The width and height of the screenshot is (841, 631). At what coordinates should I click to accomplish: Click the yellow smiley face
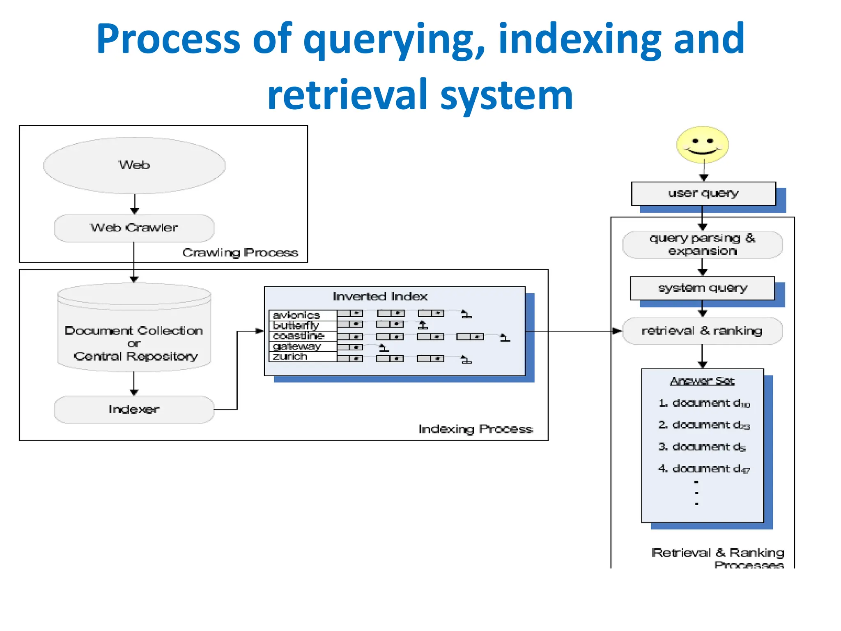point(703,144)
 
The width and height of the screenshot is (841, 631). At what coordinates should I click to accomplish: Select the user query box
point(703,193)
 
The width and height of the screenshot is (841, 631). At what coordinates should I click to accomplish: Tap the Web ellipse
point(134,165)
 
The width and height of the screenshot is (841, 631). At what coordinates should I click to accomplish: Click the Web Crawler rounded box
point(134,228)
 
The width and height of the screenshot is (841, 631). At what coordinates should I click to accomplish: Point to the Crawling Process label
point(240,252)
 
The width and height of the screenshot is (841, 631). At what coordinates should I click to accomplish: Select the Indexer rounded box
point(134,409)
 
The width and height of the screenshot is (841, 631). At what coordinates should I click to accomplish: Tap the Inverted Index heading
point(380,296)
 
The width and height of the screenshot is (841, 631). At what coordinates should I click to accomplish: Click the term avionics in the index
point(296,315)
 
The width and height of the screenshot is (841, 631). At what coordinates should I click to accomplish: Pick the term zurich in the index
point(290,357)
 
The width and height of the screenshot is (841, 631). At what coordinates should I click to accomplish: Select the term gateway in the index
point(296,346)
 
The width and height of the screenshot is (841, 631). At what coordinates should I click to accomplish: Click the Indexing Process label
point(476,429)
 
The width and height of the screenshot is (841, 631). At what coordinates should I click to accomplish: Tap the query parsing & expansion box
point(702,244)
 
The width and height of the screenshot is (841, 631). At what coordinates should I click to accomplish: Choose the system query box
point(702,288)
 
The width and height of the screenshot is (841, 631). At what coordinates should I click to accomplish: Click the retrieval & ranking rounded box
point(702,331)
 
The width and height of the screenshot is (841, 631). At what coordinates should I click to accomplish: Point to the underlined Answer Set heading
point(702,381)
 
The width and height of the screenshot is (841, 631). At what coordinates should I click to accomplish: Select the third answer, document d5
point(702,447)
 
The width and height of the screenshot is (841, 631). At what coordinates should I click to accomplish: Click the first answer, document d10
point(704,403)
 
